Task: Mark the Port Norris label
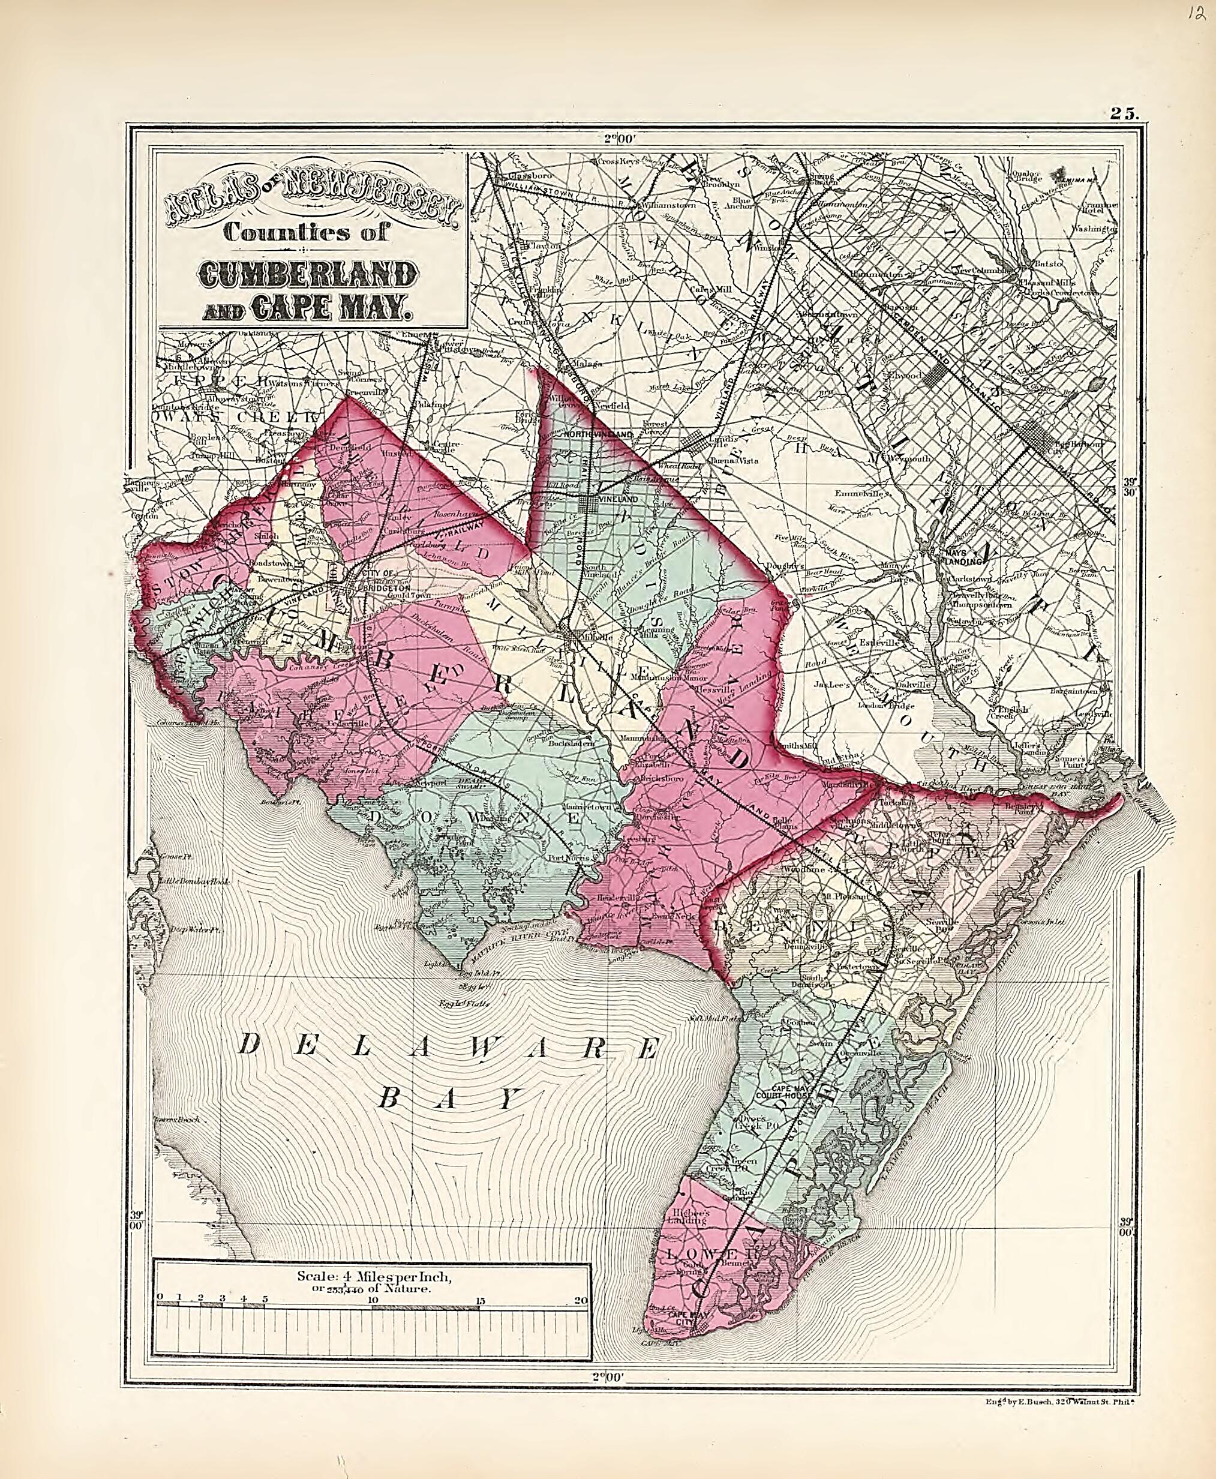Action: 568,858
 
